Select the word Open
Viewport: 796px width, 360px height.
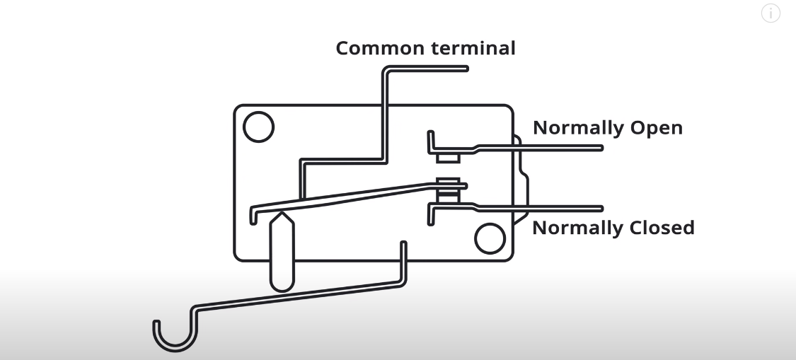(x=657, y=129)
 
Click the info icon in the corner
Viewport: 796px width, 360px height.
(x=771, y=13)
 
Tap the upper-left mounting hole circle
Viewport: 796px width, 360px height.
(x=258, y=127)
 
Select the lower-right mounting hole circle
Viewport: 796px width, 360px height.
(x=490, y=239)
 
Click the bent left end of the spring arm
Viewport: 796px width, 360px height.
(x=253, y=214)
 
